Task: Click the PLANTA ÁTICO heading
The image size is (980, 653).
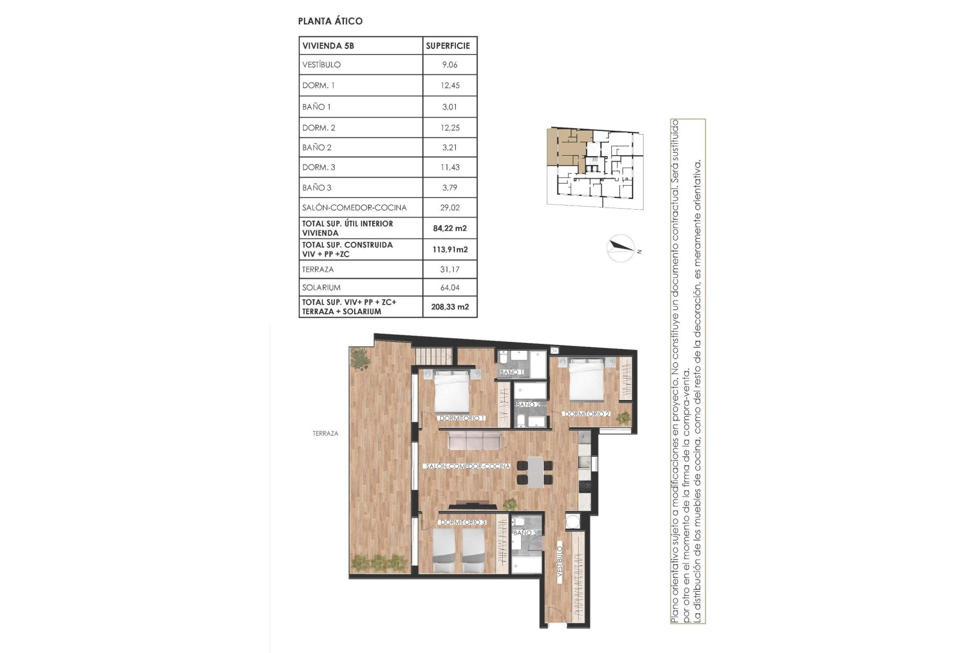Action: tap(330, 21)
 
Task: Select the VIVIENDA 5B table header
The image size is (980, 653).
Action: tap(328, 45)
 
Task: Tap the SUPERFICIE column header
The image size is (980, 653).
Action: tap(448, 45)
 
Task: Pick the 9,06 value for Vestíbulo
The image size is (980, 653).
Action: tap(449, 65)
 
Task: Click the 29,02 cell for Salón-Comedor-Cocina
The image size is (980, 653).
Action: tap(449, 208)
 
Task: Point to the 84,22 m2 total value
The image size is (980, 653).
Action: tap(449, 228)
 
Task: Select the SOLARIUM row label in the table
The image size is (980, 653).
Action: tap(321, 287)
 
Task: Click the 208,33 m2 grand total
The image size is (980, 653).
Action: tap(449, 307)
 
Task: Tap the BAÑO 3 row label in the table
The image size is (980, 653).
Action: tap(316, 188)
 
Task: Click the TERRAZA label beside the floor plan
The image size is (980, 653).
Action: tap(325, 434)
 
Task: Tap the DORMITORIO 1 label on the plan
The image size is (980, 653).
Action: tap(462, 418)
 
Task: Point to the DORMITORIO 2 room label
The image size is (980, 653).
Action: tap(587, 414)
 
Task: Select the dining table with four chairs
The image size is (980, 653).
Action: tap(534, 472)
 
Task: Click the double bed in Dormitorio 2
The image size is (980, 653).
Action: tap(587, 380)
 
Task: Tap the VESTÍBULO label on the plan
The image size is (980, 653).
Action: tap(559, 562)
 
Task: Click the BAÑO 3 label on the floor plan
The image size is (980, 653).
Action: tap(525, 533)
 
